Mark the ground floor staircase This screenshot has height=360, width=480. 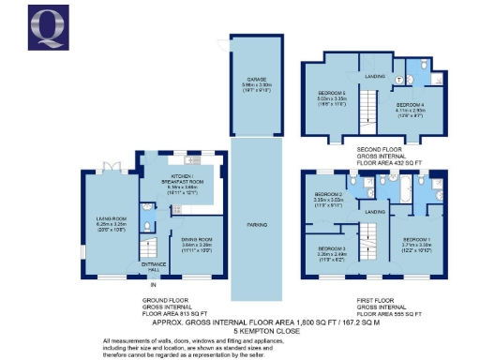tap(150, 247)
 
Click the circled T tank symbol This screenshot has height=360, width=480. tap(397, 82)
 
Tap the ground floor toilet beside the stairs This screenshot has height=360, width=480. tap(149, 226)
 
